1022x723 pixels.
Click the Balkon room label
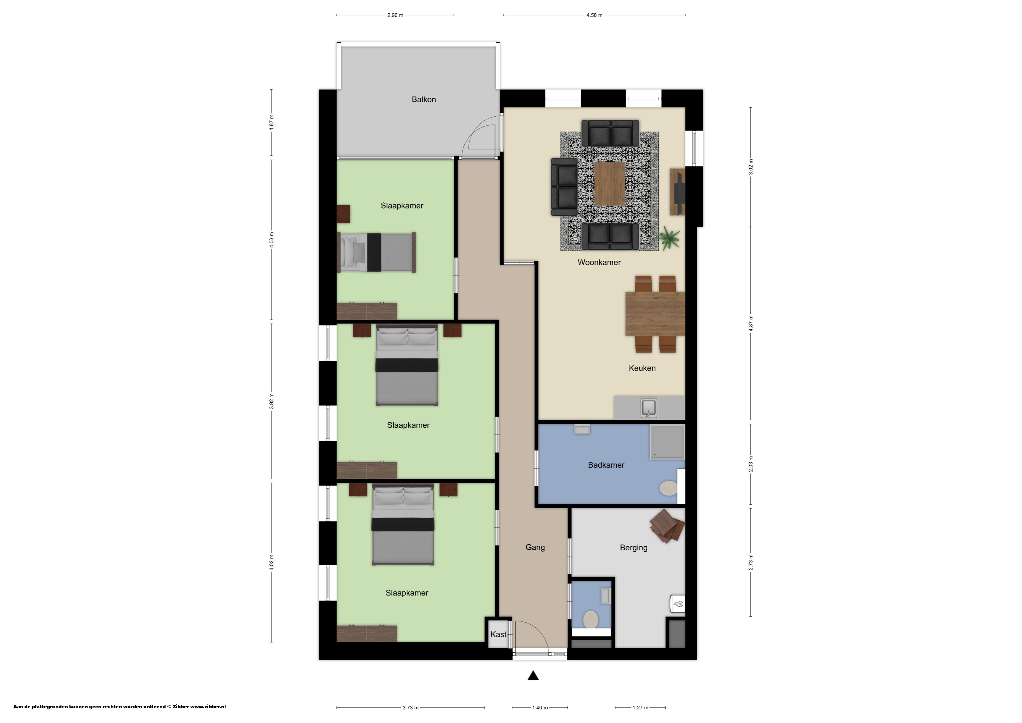423,99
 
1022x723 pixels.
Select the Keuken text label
642,368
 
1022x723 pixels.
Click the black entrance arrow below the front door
533,676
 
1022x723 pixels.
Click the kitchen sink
649,408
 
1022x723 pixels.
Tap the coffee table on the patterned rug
610,183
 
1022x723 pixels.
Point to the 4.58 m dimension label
594,15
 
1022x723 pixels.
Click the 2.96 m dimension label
395,15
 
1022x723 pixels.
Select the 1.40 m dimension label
540,707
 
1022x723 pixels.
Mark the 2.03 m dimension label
751,464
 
